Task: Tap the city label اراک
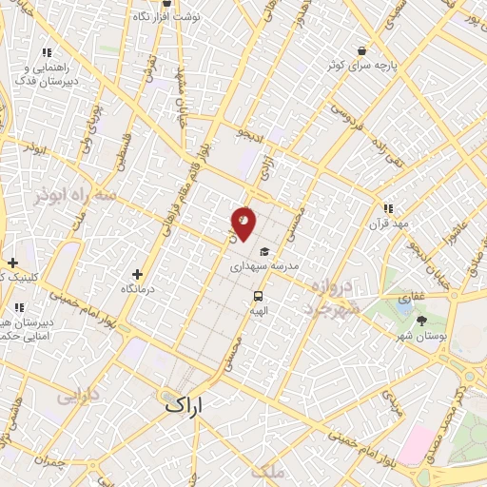[x=185, y=403]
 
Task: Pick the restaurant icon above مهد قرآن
[x=387, y=208]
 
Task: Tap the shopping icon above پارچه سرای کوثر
[x=361, y=51]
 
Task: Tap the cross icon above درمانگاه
[x=138, y=274]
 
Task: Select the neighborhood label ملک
[x=263, y=471]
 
